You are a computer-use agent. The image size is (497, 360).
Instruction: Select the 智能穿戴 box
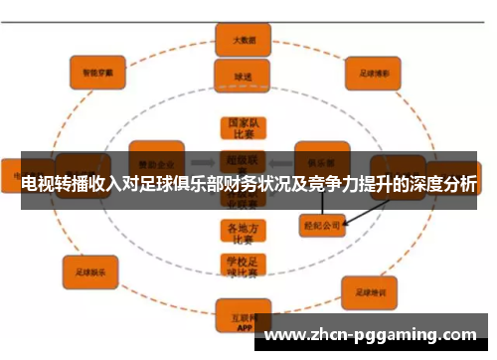97,72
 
